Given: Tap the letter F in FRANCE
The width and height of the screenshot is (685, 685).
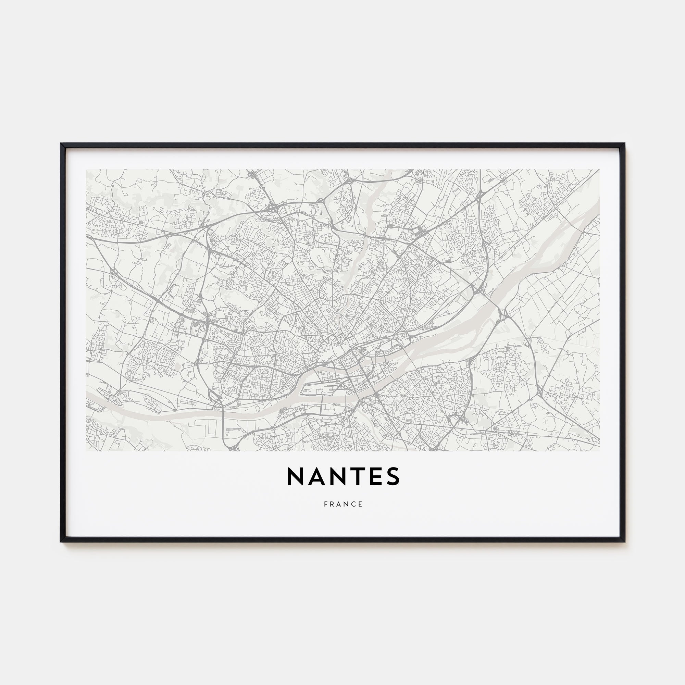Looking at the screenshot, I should tap(325, 504).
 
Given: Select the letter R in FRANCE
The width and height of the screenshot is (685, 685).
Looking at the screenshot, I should tap(332, 504).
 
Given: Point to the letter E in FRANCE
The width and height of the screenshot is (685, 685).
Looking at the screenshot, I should tap(361, 504).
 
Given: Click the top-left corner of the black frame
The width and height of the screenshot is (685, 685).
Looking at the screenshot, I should tap(61, 144).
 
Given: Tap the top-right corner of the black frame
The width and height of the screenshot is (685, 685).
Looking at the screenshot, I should tap(624, 144).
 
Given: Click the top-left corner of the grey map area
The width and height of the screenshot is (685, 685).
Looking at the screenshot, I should tap(86, 170).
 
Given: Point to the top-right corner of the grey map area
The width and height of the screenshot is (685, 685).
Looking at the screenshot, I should tap(599, 170).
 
